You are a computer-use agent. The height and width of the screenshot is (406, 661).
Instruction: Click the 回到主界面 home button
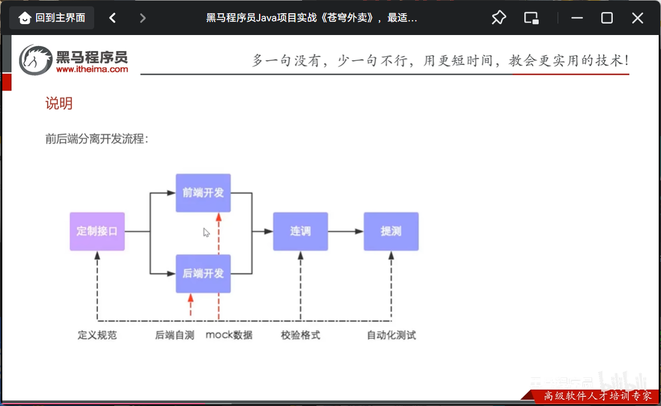pyautogui.click(x=52, y=18)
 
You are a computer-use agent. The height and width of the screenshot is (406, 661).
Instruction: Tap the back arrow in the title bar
pyautogui.click(x=113, y=18)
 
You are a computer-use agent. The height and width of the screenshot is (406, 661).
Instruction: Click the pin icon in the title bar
pyautogui.click(x=498, y=18)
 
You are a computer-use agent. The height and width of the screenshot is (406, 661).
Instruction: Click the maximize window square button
pyautogui.click(x=607, y=18)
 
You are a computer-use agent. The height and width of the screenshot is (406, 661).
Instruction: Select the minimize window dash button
pyautogui.click(x=577, y=18)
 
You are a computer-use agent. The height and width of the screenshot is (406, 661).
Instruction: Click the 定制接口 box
pyautogui.click(x=97, y=231)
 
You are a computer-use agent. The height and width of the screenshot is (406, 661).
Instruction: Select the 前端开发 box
pyautogui.click(x=203, y=193)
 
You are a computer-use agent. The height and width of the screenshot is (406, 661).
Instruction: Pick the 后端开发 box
pyautogui.click(x=203, y=273)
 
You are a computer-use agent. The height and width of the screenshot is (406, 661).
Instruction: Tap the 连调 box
pyautogui.click(x=300, y=231)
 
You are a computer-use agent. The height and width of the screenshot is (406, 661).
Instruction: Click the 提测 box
pyautogui.click(x=391, y=231)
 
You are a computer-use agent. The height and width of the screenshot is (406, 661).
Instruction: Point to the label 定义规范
pyautogui.click(x=97, y=335)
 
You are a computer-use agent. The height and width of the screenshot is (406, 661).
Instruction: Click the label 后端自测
pyautogui.click(x=175, y=335)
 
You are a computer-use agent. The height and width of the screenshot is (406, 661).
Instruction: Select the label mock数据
pyautogui.click(x=229, y=335)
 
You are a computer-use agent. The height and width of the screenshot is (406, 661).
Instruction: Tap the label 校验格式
pyautogui.click(x=300, y=335)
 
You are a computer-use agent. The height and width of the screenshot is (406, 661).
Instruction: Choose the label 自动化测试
pyautogui.click(x=391, y=335)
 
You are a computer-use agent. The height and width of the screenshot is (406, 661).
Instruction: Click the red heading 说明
pyautogui.click(x=59, y=103)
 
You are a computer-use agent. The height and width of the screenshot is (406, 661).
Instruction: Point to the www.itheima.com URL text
pyautogui.click(x=92, y=69)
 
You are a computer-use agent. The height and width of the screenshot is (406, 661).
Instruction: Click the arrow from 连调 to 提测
pyautogui.click(x=346, y=231)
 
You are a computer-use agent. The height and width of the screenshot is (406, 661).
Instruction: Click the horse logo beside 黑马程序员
pyautogui.click(x=36, y=60)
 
